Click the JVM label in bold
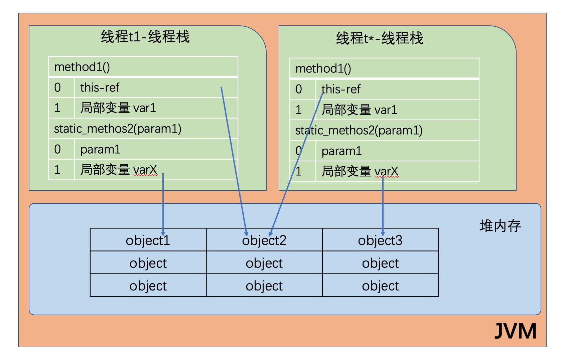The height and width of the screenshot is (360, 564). (x=515, y=331)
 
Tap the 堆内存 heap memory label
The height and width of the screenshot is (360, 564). (x=500, y=226)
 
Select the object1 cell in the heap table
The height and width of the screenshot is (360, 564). (x=148, y=240)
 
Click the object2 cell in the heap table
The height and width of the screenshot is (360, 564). (x=264, y=240)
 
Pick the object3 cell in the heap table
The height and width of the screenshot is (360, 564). (x=380, y=240)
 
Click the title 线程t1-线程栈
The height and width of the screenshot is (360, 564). (x=145, y=36)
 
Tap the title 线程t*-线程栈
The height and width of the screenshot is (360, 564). (x=380, y=38)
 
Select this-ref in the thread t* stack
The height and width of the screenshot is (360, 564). (x=341, y=89)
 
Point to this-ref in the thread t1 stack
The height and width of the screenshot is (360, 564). (x=100, y=87)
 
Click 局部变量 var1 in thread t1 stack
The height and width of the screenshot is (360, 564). (x=118, y=108)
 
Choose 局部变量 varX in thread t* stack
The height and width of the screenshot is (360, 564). (x=360, y=171)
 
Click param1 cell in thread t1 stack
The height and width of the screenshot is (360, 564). (x=100, y=149)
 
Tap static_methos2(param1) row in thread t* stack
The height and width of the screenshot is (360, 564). (x=359, y=130)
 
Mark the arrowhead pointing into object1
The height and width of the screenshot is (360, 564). (x=163, y=233)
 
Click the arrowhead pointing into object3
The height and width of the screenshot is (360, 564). (x=383, y=233)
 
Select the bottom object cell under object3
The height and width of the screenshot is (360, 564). (x=380, y=286)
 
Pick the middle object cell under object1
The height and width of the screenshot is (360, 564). (x=148, y=263)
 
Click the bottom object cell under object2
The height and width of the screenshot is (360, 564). (x=264, y=286)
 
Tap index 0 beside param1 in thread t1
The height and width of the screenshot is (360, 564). (x=57, y=149)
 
